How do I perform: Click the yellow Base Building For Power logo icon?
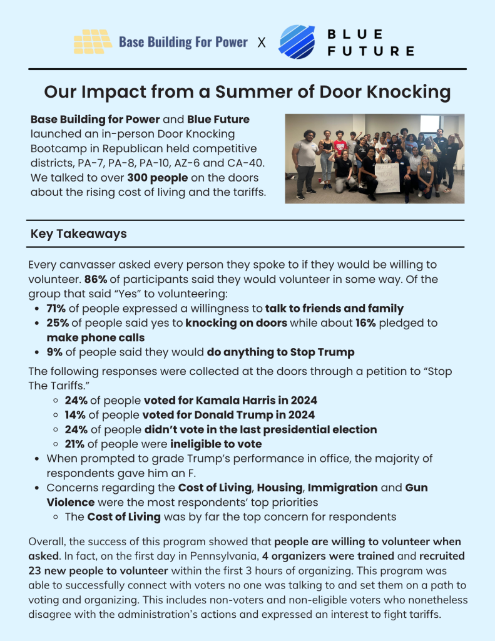tap(93, 42)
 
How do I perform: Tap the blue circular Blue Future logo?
tap(297, 42)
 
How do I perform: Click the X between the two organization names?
tap(262, 43)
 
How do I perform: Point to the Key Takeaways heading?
tap(78, 234)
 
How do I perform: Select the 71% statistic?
tap(58, 308)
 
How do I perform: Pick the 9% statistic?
tap(54, 352)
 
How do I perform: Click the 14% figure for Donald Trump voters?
tap(76, 414)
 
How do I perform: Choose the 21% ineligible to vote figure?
tap(76, 444)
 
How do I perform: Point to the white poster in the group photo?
tap(387, 177)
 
